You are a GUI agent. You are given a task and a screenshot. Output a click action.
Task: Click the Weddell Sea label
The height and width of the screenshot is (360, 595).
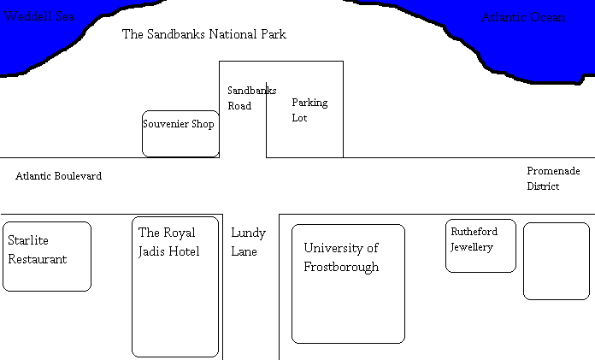pyautogui.click(x=39, y=17)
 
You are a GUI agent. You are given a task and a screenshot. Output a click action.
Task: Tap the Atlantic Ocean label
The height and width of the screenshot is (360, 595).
pyautogui.click(x=523, y=17)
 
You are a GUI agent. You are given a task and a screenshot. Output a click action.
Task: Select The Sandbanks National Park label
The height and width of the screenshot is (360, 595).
pyautogui.click(x=203, y=35)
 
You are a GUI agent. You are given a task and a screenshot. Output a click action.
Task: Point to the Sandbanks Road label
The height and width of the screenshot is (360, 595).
pyautogui.click(x=240, y=98)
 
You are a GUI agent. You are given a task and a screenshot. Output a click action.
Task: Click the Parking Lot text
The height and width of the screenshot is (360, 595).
pyautogui.click(x=309, y=110)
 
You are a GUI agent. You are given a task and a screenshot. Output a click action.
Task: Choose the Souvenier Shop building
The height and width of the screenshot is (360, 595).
pyautogui.click(x=180, y=134)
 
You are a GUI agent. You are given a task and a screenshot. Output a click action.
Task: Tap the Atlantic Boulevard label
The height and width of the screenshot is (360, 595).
pyautogui.click(x=58, y=176)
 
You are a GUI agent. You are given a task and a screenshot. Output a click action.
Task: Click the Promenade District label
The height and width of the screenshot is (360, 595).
pyautogui.click(x=544, y=179)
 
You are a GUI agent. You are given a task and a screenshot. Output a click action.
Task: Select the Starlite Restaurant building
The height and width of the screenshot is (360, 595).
pyautogui.click(x=47, y=256)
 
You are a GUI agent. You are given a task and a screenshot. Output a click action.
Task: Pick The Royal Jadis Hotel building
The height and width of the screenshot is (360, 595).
pyautogui.click(x=175, y=286)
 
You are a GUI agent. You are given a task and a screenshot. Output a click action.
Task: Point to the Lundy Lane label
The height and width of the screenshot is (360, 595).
pyautogui.click(x=248, y=242)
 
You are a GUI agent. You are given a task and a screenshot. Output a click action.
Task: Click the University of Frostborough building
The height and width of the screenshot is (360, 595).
pyautogui.click(x=348, y=283)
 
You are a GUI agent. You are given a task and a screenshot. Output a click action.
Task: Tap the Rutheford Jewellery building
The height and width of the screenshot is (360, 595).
pyautogui.click(x=480, y=245)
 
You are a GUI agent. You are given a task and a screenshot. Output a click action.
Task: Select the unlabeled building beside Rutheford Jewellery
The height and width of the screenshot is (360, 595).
pyautogui.click(x=556, y=261)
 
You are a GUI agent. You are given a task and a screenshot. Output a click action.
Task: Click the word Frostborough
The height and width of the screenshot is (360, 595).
pyautogui.click(x=341, y=267)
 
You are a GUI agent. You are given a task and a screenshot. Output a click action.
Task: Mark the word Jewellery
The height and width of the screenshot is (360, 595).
pyautogui.click(x=472, y=248)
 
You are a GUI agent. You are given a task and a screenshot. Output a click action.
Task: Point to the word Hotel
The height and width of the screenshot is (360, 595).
pyautogui.click(x=185, y=251)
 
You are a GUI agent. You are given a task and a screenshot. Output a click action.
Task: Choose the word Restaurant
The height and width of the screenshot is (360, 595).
pyautogui.click(x=37, y=259)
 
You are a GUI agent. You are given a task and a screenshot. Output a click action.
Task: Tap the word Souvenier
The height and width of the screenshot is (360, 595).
pyautogui.click(x=161, y=124)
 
